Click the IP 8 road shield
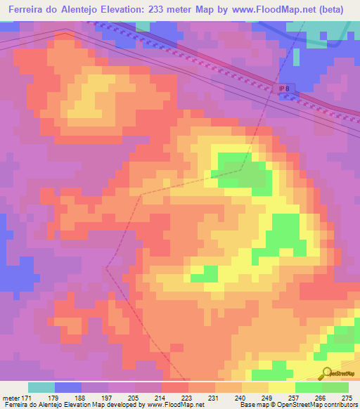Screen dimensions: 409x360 pos(283,86)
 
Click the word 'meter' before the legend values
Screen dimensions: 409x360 pos(11,397)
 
